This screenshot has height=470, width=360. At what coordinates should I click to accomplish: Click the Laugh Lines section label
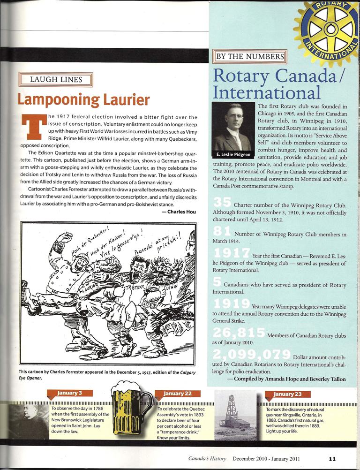(56, 79)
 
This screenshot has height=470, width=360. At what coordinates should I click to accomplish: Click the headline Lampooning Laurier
(83, 99)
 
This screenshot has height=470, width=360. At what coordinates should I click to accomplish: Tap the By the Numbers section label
(249, 57)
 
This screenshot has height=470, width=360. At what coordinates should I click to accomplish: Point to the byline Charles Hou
(180, 212)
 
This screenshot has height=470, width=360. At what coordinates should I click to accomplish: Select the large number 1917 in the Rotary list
(231, 254)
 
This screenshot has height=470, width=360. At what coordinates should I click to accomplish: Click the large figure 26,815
(239, 332)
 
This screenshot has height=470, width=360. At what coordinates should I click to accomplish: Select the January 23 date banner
(285, 393)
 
